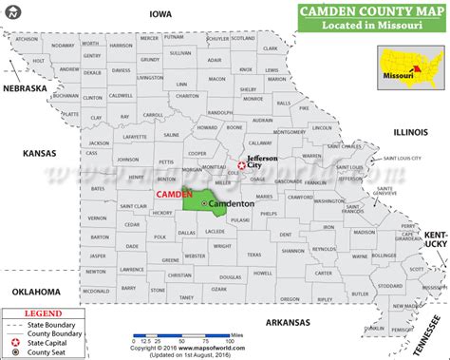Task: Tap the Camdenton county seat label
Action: point(233,204)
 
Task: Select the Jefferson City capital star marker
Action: point(241,166)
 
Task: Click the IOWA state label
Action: point(159,13)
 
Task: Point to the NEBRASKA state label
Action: point(23,88)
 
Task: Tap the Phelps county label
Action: point(269,214)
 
